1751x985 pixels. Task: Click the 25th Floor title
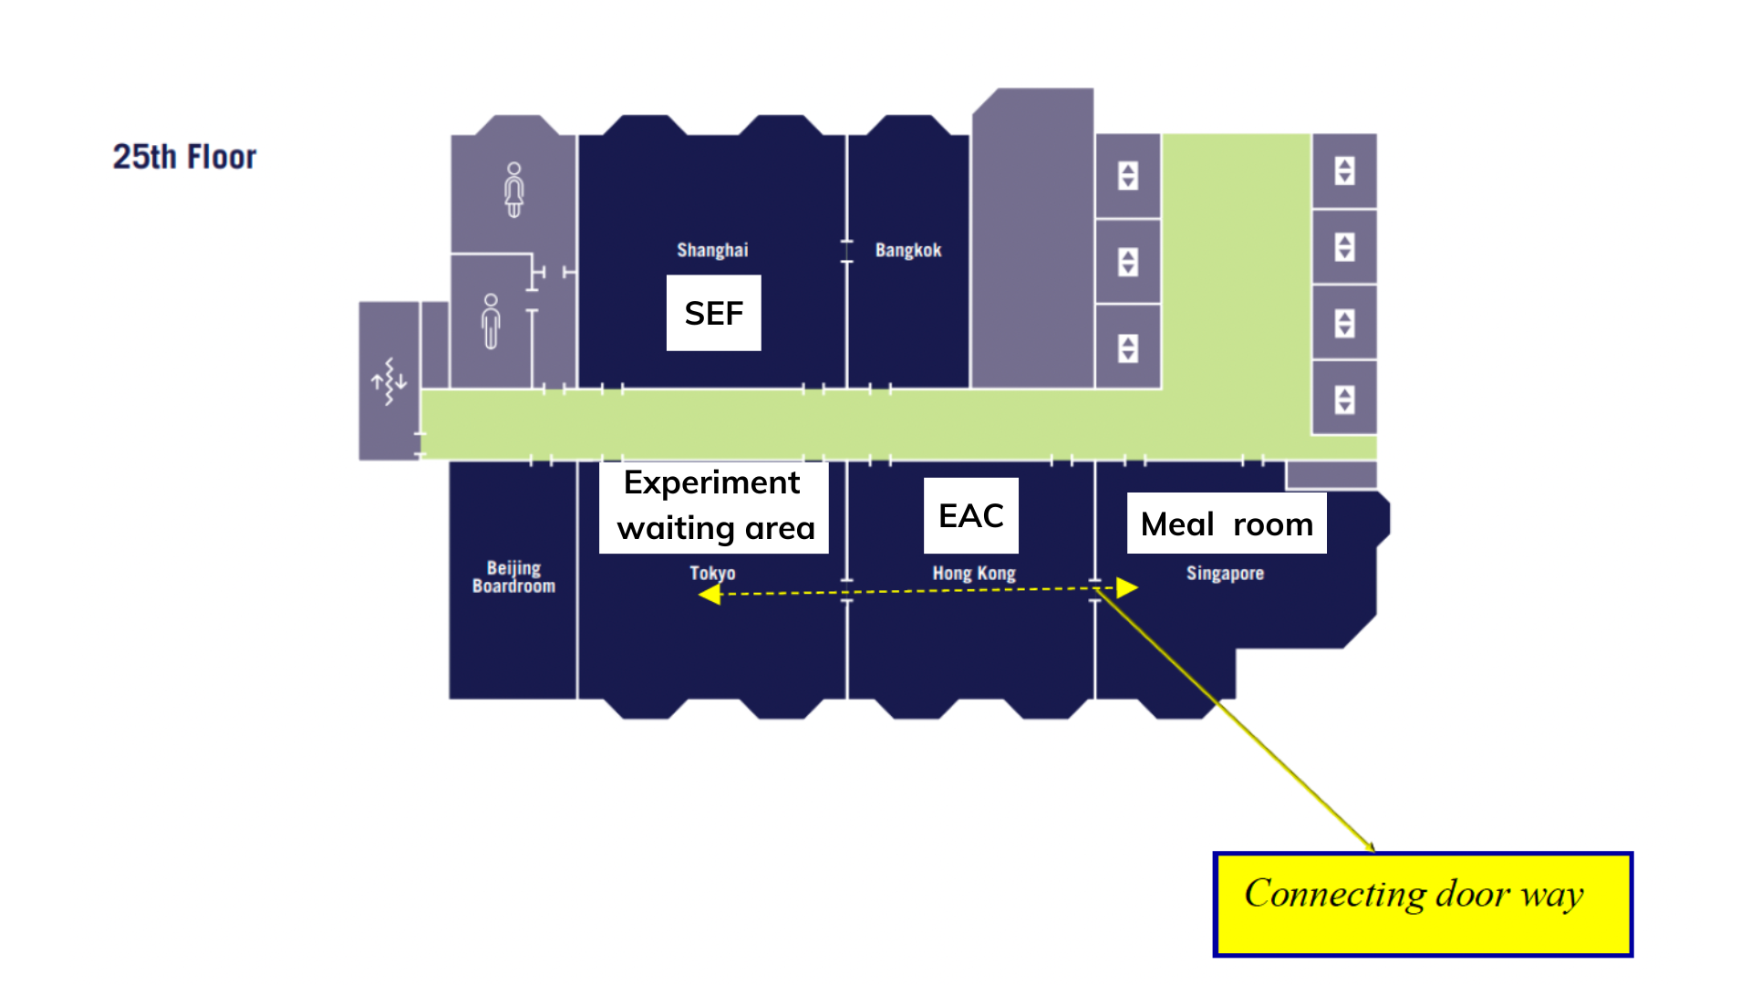(x=184, y=157)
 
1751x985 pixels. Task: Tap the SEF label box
(x=713, y=313)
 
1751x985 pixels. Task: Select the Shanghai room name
(x=712, y=250)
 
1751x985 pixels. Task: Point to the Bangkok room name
(x=907, y=250)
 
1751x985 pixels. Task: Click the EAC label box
(x=970, y=515)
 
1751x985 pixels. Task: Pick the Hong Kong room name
(x=973, y=574)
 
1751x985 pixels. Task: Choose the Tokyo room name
(x=712, y=573)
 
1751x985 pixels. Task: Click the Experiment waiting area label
(x=714, y=506)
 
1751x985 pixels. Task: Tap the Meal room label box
(x=1226, y=524)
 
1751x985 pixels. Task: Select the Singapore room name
(x=1225, y=574)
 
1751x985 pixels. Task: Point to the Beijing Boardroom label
(x=513, y=577)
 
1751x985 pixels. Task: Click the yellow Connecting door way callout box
(x=1422, y=904)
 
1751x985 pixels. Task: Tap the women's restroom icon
(x=514, y=190)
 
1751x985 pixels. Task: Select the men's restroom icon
(x=492, y=321)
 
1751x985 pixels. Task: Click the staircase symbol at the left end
(x=389, y=381)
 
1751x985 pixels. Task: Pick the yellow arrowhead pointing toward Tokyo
(x=710, y=595)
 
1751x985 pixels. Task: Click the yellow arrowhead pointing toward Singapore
(x=1127, y=588)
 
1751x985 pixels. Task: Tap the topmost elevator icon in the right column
(x=1344, y=171)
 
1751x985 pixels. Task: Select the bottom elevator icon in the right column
(x=1344, y=399)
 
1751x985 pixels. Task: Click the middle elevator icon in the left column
(x=1128, y=262)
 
